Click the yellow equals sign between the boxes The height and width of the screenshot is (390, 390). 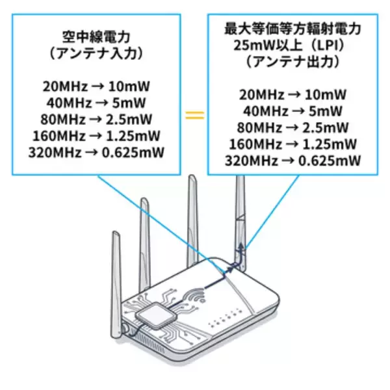(194, 115)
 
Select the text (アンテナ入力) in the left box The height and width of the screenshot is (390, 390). (96, 54)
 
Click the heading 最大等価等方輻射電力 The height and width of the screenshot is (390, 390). (292, 29)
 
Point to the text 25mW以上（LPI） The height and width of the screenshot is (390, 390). (292, 45)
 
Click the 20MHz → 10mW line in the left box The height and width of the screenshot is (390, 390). (96, 87)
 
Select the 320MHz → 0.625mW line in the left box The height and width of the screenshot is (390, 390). (96, 153)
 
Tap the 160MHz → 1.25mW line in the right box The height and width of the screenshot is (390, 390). (292, 143)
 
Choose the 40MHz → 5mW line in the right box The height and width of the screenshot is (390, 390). (292, 110)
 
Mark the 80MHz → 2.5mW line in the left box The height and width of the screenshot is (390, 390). (96, 120)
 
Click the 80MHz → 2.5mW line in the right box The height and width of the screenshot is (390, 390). (292, 127)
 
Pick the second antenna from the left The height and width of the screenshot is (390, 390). (144, 240)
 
